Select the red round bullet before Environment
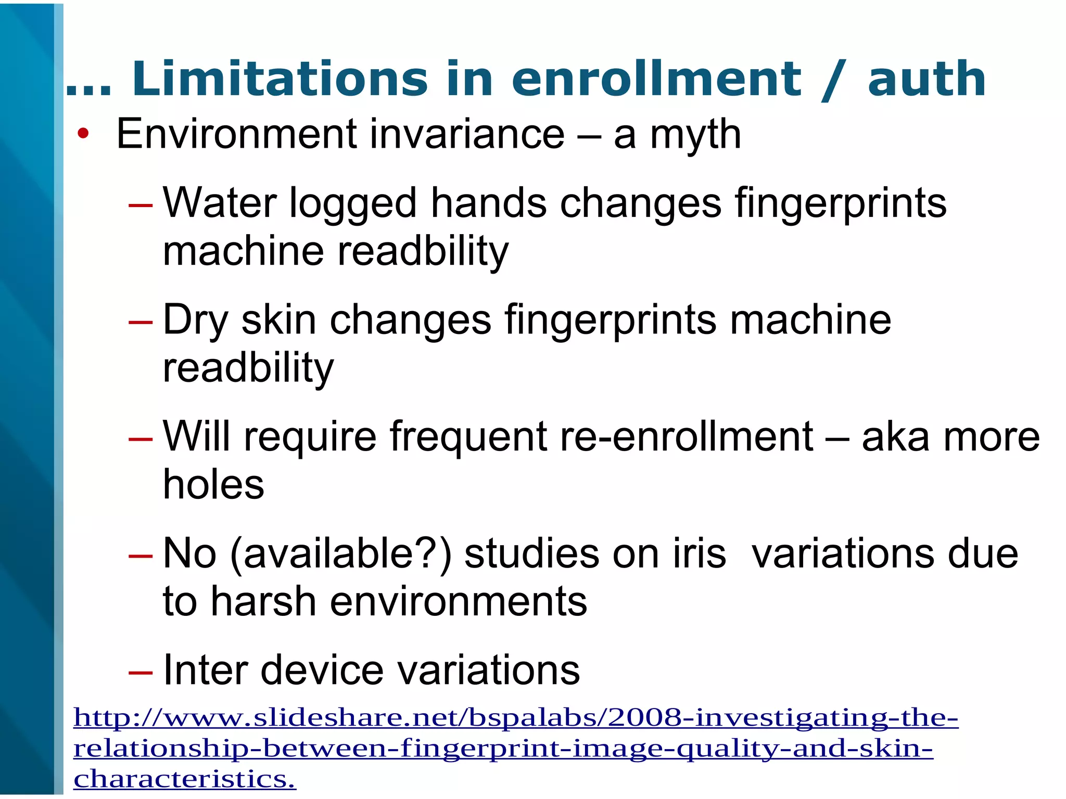(83, 134)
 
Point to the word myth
(695, 135)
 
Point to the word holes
(213, 485)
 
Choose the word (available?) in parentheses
(341, 555)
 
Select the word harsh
(264, 602)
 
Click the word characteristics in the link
(184, 779)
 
